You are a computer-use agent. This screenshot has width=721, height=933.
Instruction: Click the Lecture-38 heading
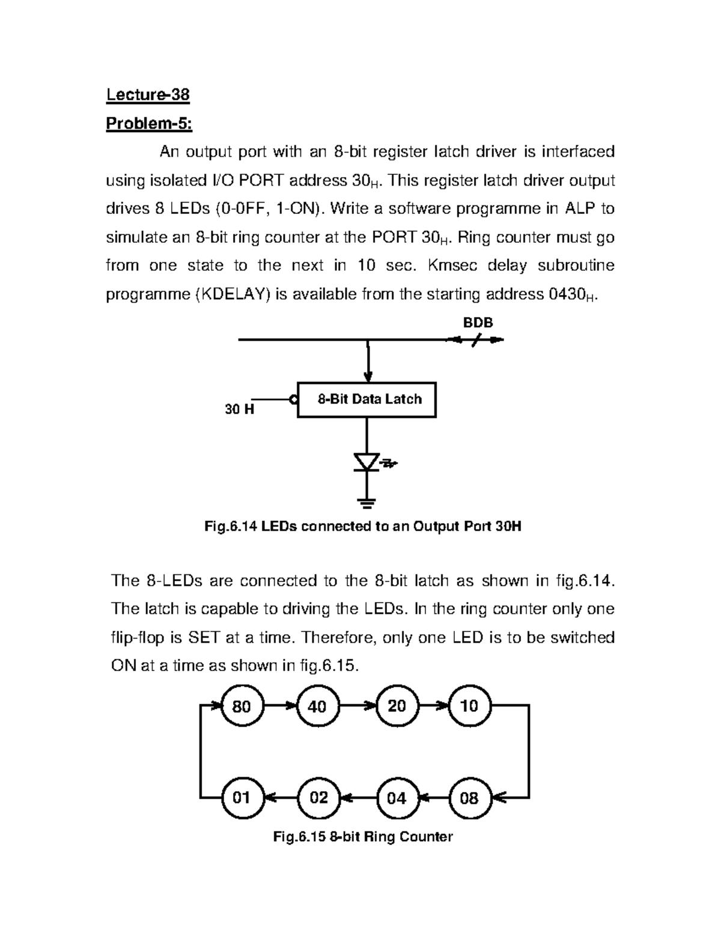pyautogui.click(x=148, y=95)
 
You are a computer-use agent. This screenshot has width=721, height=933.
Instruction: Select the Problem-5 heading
pyautogui.click(x=149, y=124)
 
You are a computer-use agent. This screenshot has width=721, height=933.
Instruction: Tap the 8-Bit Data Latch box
pyautogui.click(x=367, y=400)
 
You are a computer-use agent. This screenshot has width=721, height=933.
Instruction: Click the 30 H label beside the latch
pyautogui.click(x=239, y=410)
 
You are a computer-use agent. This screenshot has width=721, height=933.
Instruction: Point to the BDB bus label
pyautogui.click(x=478, y=323)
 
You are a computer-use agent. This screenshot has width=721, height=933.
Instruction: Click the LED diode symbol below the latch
pyautogui.click(x=367, y=462)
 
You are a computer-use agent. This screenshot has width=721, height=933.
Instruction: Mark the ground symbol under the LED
pyautogui.click(x=367, y=502)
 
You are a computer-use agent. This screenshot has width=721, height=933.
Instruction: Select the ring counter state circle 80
pyautogui.click(x=241, y=706)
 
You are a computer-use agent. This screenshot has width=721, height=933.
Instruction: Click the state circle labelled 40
pyautogui.click(x=317, y=706)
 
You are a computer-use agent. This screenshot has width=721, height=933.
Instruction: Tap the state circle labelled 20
pyautogui.click(x=397, y=706)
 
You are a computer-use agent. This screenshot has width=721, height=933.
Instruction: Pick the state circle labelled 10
pyautogui.click(x=469, y=706)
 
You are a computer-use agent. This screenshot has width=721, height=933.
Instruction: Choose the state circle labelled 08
pyautogui.click(x=469, y=798)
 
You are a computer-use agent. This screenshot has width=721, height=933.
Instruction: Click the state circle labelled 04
pyautogui.click(x=397, y=798)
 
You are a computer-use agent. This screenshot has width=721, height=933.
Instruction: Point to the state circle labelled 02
pyautogui.click(x=318, y=798)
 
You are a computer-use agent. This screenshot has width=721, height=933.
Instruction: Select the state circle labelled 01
pyautogui.click(x=241, y=798)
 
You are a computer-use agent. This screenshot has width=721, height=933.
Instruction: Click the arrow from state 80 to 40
pyautogui.click(x=279, y=706)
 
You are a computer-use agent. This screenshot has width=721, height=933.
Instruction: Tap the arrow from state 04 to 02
pyautogui.click(x=357, y=798)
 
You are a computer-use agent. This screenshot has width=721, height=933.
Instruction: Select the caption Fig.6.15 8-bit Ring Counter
pyautogui.click(x=363, y=836)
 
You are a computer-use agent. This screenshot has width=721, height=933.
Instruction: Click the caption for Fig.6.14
pyautogui.click(x=363, y=527)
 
